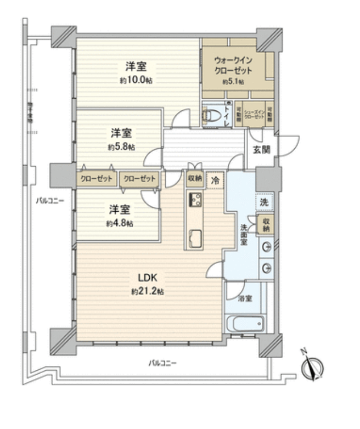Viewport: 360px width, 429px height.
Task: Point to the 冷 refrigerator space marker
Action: click(216, 179)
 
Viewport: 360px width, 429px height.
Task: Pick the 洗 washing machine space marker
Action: click(265, 202)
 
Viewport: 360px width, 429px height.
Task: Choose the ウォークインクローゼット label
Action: click(234, 65)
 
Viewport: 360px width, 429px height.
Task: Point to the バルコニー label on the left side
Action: click(50, 201)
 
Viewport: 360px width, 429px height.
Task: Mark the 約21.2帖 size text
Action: click(147, 291)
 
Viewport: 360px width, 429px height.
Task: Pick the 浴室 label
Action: click(245, 299)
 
